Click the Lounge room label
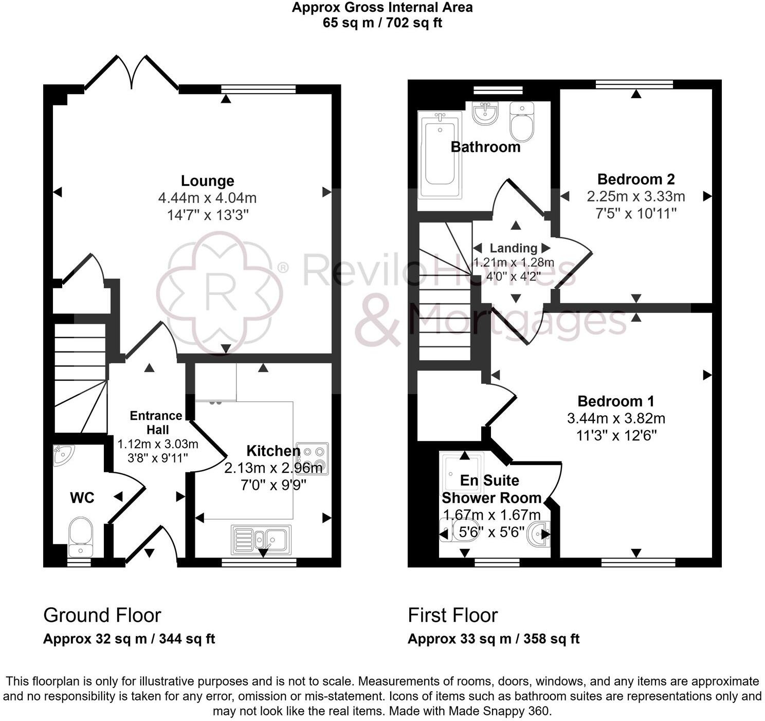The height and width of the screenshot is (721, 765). point(207,181)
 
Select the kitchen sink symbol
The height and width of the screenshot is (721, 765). point(261,539)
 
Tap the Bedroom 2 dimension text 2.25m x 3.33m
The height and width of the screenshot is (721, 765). point(635,196)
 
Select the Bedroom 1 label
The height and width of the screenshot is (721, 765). point(615,401)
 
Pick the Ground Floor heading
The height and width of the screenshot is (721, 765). point(102,615)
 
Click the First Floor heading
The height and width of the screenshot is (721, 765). point(452,615)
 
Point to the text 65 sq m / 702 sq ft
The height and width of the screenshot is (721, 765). point(382,23)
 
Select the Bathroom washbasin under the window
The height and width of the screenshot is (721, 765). point(485,113)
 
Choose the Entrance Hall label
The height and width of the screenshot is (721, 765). point(156,422)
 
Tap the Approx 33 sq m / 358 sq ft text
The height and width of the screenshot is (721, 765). point(493,639)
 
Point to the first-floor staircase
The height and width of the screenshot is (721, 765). point(445,298)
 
